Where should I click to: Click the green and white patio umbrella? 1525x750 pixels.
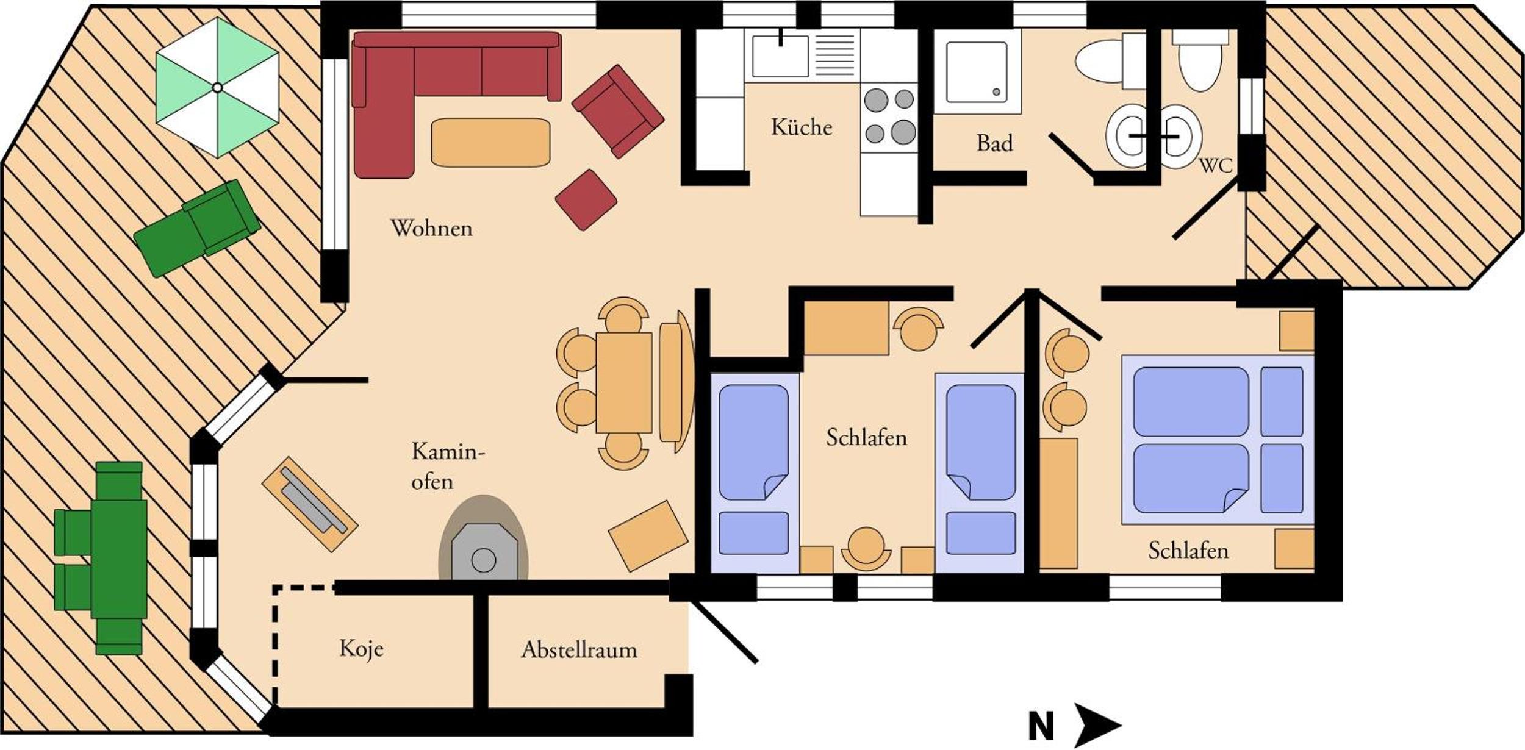[x=217, y=87]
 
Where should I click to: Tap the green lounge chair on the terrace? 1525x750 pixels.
[x=197, y=228]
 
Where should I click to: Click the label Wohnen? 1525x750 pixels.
[x=432, y=228]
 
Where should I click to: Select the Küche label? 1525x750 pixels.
[x=802, y=127]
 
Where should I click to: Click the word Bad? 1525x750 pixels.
[x=994, y=143]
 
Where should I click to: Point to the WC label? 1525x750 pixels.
[x=1216, y=165]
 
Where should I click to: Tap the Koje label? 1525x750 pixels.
[x=362, y=649]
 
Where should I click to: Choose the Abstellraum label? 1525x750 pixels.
[x=579, y=650]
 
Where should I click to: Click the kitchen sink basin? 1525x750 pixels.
[x=780, y=56]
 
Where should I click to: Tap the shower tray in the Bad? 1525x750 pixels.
[x=977, y=72]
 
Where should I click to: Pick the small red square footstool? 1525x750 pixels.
[x=586, y=199]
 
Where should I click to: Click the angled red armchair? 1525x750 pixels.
[x=617, y=111]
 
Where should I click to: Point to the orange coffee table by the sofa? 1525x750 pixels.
[x=490, y=142]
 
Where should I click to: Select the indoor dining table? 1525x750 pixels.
[x=624, y=382]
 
